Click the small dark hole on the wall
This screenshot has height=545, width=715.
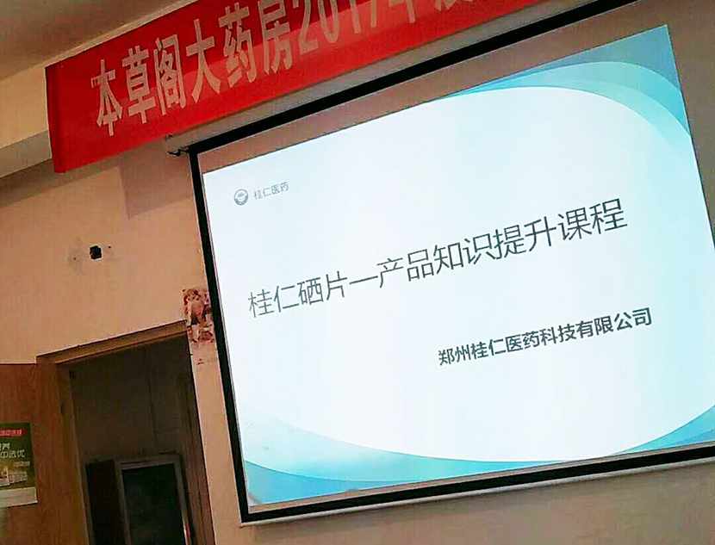coord(95,252)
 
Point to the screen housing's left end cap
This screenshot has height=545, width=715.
coord(178,151)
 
